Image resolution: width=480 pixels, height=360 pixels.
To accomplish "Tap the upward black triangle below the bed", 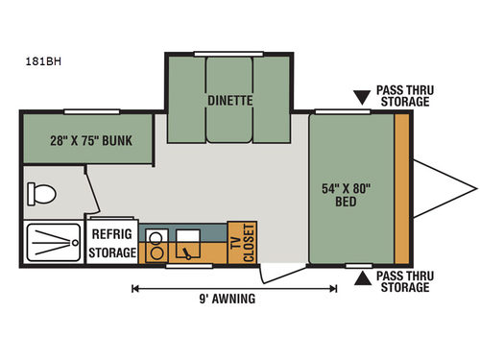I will [x=362, y=279].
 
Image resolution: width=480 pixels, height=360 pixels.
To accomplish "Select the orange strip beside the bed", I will [x=401, y=188].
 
